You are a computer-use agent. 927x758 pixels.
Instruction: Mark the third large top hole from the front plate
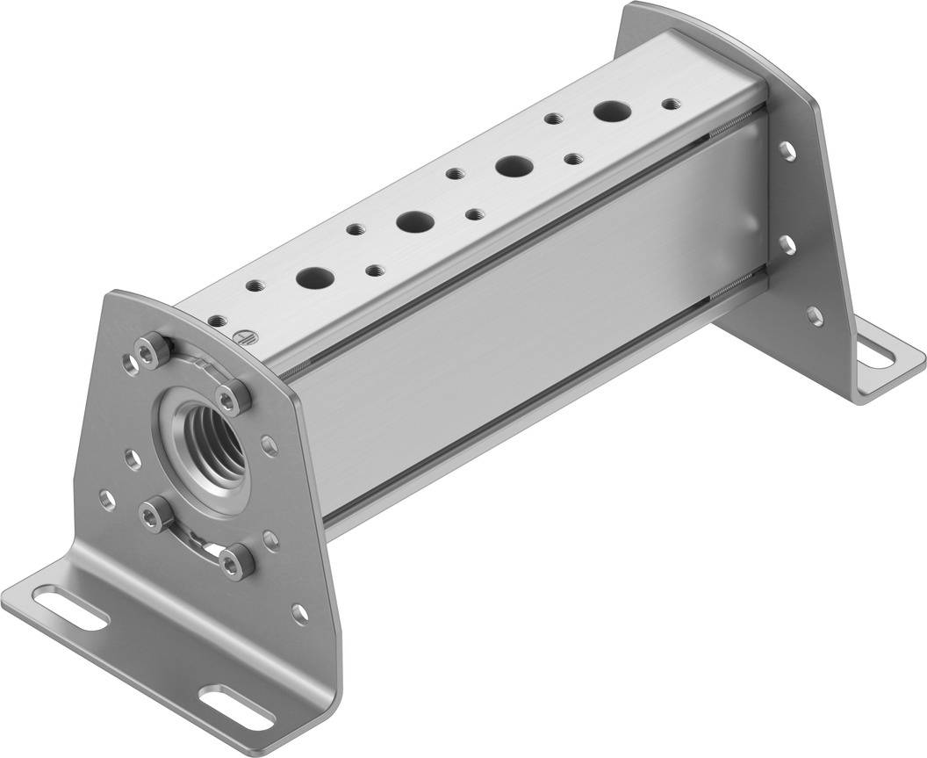coord(511,164)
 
